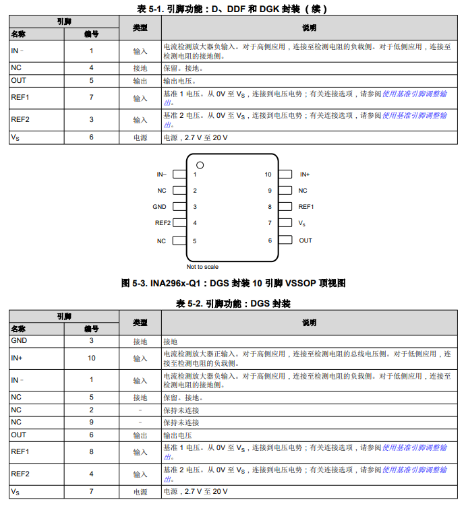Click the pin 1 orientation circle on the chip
[x=200, y=165]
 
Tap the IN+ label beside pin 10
[x=305, y=175]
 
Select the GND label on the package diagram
[x=159, y=207]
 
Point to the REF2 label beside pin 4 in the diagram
[x=163, y=223]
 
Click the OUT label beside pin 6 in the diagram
[x=306, y=241]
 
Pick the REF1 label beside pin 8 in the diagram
[x=306, y=207]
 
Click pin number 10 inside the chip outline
[x=268, y=175]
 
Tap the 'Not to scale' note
[x=202, y=267]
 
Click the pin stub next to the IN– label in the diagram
[x=179, y=175]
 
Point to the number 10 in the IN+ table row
[x=92, y=358]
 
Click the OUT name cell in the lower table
[x=19, y=435]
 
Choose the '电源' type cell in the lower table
[x=140, y=493]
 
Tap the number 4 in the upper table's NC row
[x=92, y=68]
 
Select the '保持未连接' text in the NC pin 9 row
[x=181, y=422]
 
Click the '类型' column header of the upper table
[x=140, y=28]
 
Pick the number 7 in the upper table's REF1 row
[x=92, y=98]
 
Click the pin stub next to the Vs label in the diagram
[x=286, y=223]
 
